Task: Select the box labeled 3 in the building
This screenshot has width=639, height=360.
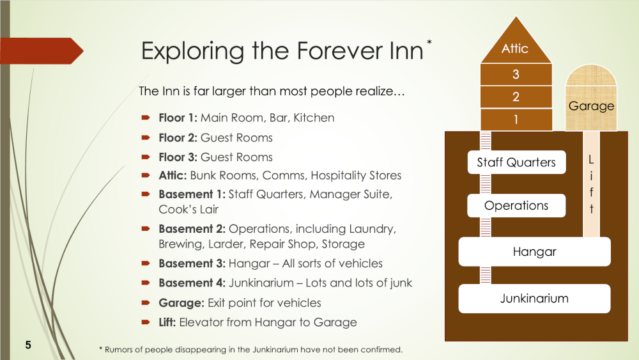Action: pos(516,74)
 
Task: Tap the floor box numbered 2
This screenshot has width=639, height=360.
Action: pos(516,97)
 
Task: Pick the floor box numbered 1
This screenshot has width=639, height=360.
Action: pos(516,120)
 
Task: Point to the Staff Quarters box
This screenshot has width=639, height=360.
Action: pos(516,162)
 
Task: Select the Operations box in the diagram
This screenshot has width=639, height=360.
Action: pos(516,206)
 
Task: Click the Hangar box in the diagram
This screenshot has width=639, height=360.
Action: pos(534,252)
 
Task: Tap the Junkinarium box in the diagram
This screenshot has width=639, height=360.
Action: pos(534,299)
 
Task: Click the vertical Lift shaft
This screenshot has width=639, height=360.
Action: pos(591,185)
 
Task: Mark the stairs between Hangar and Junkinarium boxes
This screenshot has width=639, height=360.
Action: pos(486,275)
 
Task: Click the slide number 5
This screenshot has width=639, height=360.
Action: pos(28,345)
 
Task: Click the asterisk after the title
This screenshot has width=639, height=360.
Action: pos(429,43)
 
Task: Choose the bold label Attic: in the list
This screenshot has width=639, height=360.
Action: pos(173,175)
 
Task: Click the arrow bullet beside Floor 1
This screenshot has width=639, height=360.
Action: pos(146,118)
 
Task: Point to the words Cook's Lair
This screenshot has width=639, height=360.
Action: pos(189,209)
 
